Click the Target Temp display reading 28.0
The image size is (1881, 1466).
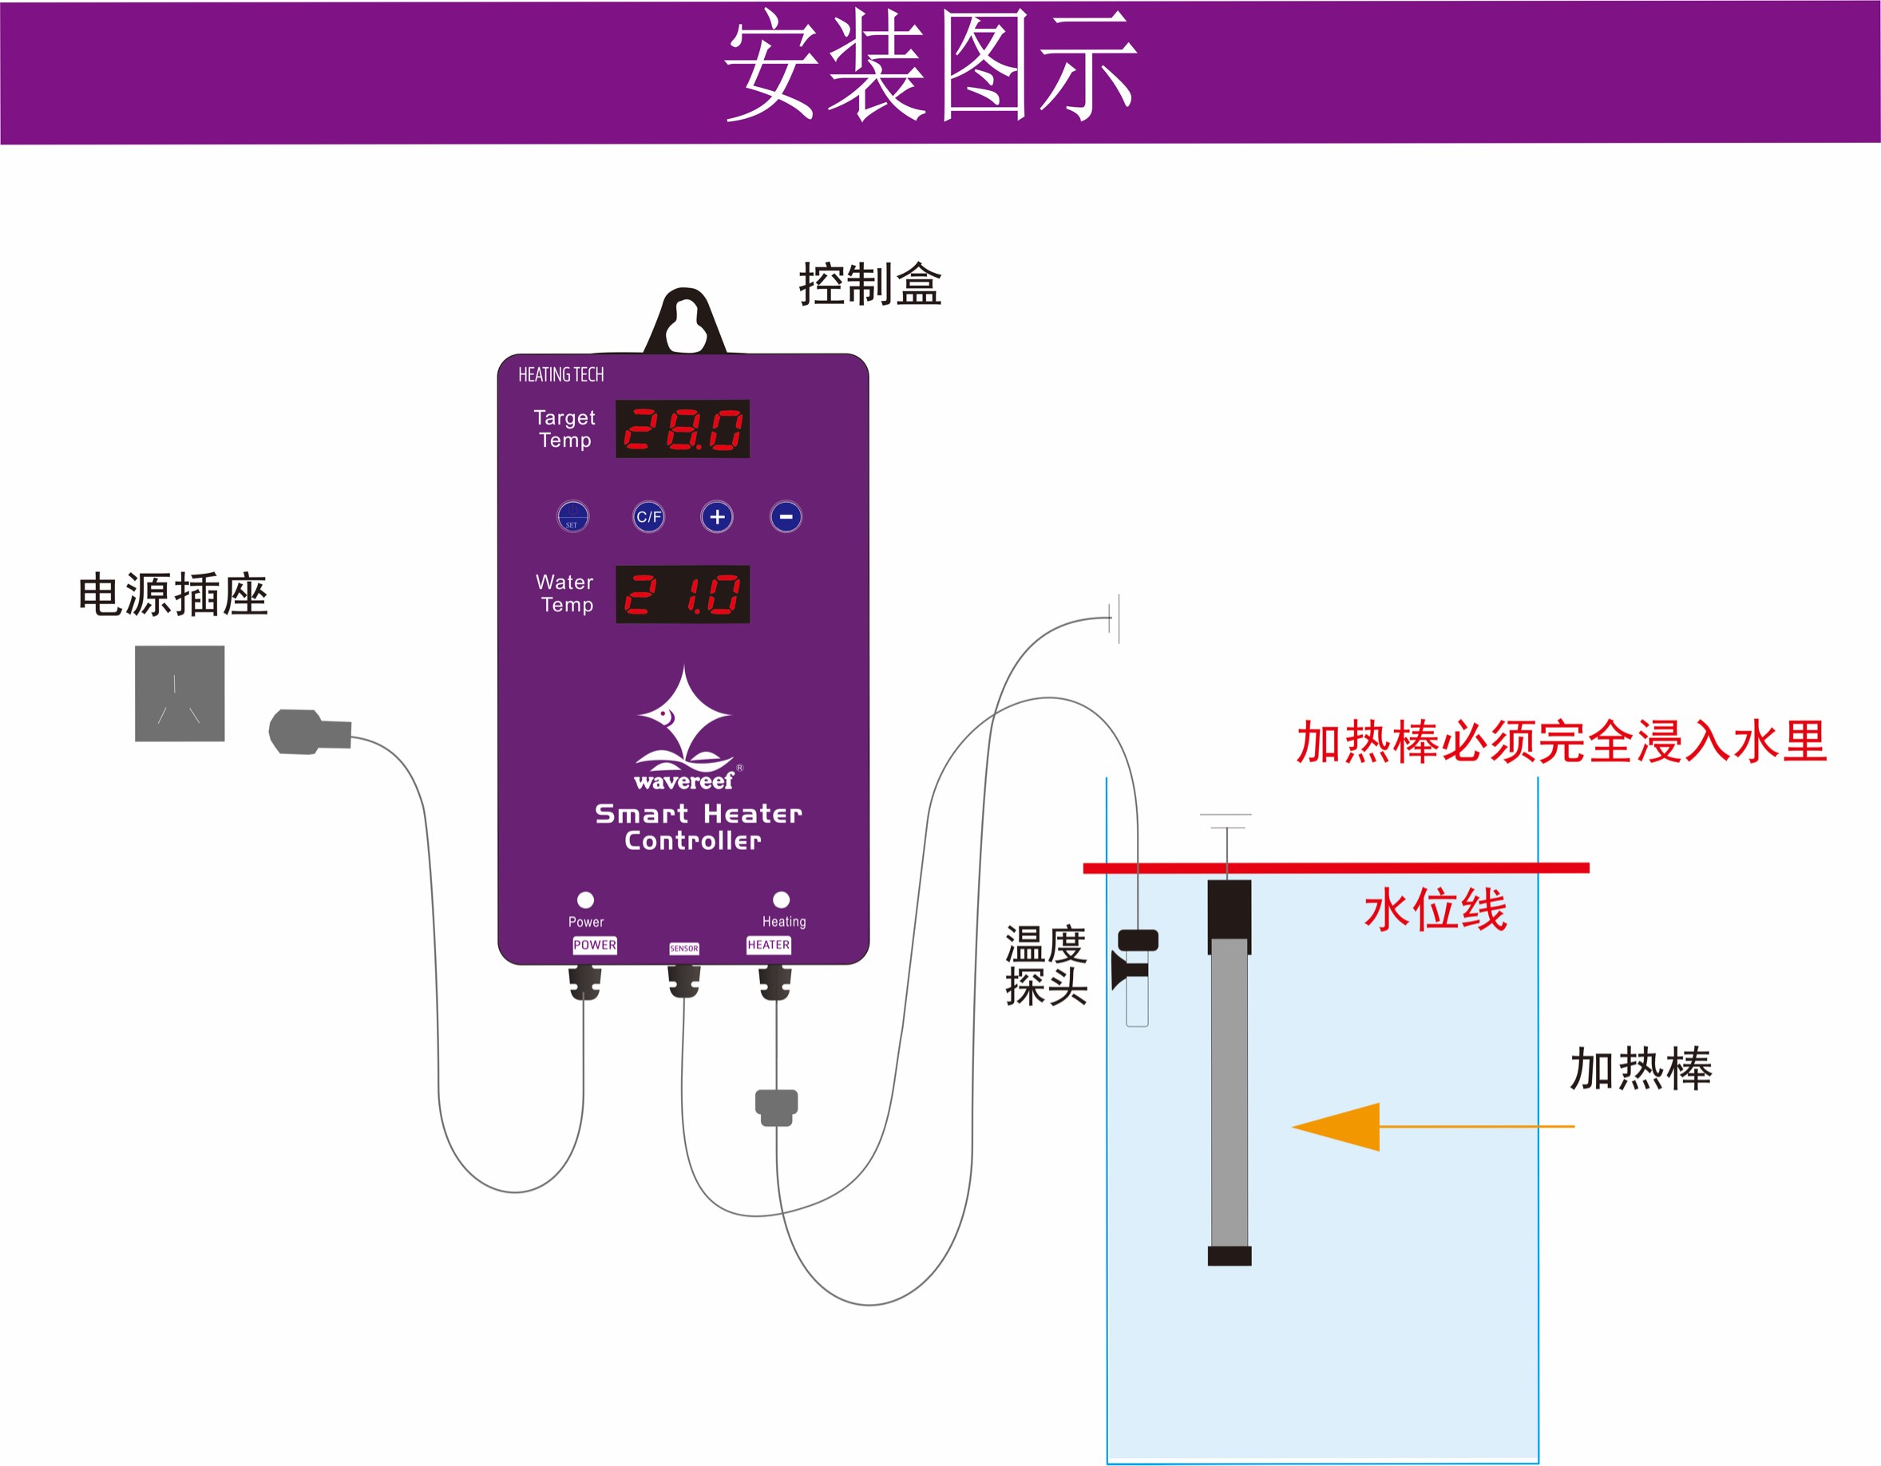pyautogui.click(x=682, y=429)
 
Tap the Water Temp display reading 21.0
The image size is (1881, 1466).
pyautogui.click(x=682, y=594)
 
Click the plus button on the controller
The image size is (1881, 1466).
pyautogui.click(x=717, y=516)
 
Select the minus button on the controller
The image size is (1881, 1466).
pyautogui.click(x=786, y=516)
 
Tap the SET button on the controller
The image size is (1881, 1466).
pyautogui.click(x=572, y=516)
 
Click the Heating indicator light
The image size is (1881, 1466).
pyautogui.click(x=781, y=899)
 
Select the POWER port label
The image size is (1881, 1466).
pyautogui.click(x=594, y=945)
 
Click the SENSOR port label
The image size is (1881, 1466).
pyautogui.click(x=684, y=949)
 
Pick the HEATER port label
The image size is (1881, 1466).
pyautogui.click(x=768, y=945)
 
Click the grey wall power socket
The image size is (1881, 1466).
pyautogui.click(x=179, y=693)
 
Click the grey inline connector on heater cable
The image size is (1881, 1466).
pyautogui.click(x=776, y=1106)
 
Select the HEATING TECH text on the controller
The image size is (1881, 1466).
pyautogui.click(x=560, y=374)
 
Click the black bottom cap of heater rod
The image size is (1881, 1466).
pyautogui.click(x=1229, y=1256)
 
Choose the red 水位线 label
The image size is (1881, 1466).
pyautogui.click(x=1435, y=910)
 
